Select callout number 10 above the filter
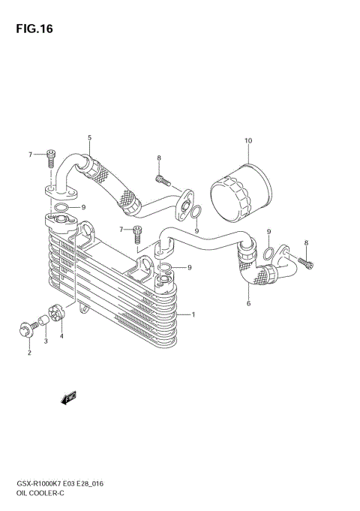pos(248,140)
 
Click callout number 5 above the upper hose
pos(89,138)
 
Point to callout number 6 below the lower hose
pos(248,304)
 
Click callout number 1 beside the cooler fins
pos(193,314)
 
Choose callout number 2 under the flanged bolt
pos(29,352)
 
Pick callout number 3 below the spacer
pos(45,341)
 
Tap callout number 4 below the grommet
pos(61,335)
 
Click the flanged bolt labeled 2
pos(25,328)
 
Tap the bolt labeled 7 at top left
pos(50,156)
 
